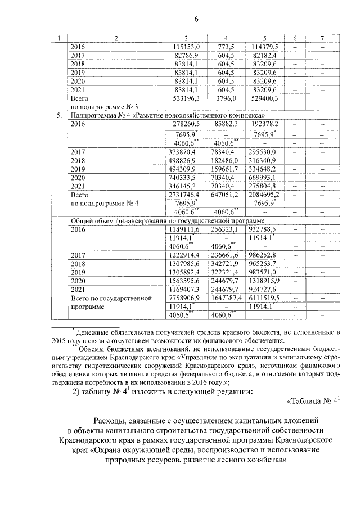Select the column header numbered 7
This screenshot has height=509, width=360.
321,38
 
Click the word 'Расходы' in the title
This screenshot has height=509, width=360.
112,420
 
